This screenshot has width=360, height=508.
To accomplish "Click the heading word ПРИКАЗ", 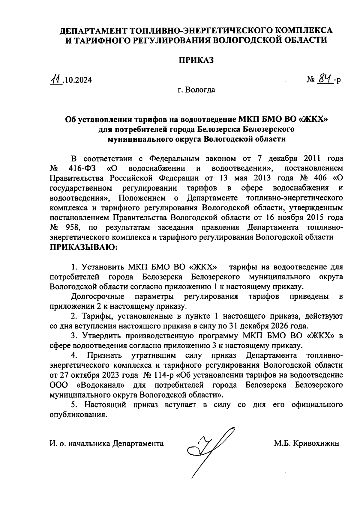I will click(x=196, y=60).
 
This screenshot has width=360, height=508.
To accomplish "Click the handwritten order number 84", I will click(x=325, y=79).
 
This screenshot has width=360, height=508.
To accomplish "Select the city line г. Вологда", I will click(x=196, y=90).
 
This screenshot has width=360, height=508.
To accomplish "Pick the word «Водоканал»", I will click(x=101, y=385).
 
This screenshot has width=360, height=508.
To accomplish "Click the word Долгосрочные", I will click(x=98, y=296).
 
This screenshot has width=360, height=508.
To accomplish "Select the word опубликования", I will click(x=78, y=414).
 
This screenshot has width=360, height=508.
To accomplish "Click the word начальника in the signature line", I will click(x=89, y=443).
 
